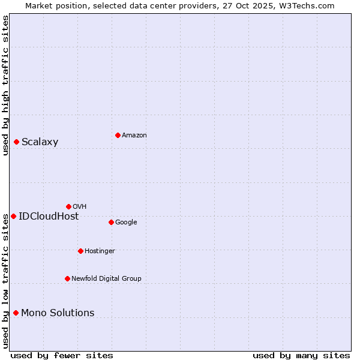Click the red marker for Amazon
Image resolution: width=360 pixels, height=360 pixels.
point(118,135)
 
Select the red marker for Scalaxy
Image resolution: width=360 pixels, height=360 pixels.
point(16,142)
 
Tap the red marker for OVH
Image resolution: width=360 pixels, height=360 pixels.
point(68,206)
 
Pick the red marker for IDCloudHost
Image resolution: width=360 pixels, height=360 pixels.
point(13,216)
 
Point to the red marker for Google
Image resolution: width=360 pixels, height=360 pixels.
point(111,222)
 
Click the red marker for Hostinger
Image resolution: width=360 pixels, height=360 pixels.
point(80,251)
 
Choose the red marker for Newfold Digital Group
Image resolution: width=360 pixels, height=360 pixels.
point(67,278)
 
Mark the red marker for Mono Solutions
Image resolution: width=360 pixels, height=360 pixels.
point(16,313)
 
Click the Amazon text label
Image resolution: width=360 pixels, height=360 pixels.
point(134,136)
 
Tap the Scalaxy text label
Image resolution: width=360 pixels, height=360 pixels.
point(40,142)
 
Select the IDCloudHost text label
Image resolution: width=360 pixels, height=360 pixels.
point(49,217)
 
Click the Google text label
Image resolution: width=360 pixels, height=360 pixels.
point(126,223)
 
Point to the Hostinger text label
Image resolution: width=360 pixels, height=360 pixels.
point(100,251)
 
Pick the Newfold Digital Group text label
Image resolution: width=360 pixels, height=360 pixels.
point(106,279)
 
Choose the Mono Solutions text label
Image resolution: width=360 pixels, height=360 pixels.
point(58,313)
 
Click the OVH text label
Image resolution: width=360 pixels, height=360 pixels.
point(79,207)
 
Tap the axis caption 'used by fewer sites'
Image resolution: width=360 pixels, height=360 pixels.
point(62,356)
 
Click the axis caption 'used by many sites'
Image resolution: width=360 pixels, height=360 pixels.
point(301,356)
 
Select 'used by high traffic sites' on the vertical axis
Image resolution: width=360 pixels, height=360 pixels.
point(5,85)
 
